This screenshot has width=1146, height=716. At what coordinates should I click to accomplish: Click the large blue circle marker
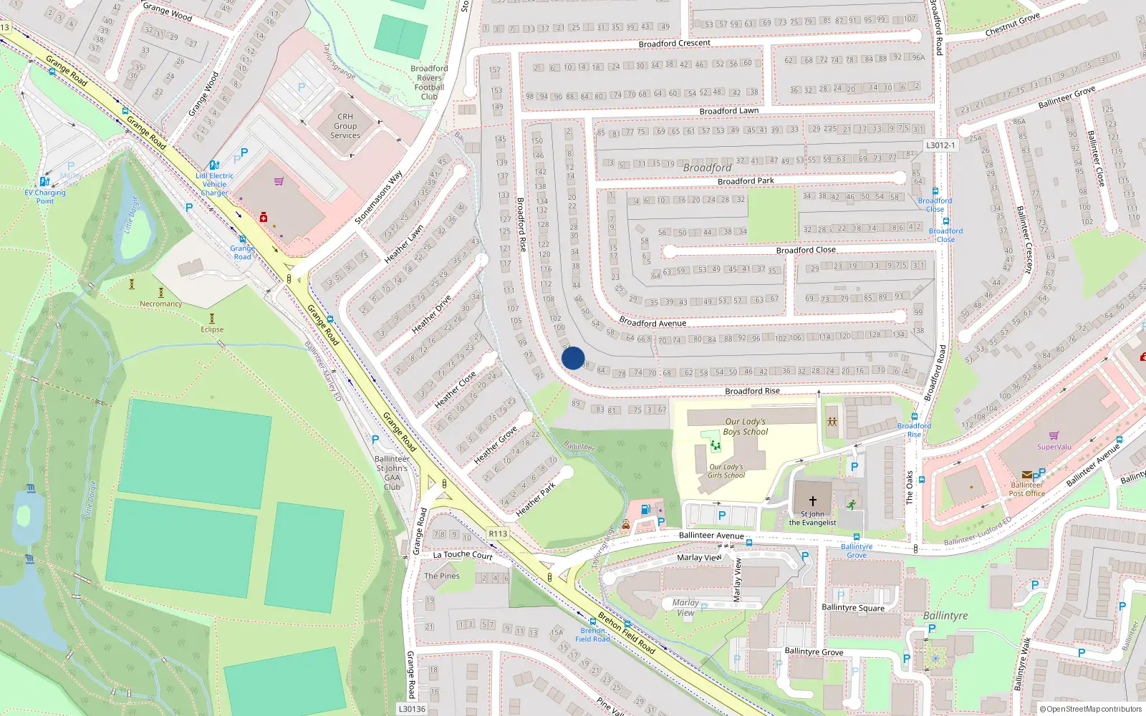pos(573,358)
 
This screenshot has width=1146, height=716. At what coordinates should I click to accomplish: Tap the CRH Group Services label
pos(345,126)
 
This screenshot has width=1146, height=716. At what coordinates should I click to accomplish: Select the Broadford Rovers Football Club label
pos(429,82)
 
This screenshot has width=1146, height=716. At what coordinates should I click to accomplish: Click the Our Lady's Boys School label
pos(745,427)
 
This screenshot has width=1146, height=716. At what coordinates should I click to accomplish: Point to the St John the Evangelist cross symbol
pos(812,500)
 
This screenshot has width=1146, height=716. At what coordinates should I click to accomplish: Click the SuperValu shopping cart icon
pos(1054,435)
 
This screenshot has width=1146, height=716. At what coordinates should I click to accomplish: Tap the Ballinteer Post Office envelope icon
pos(1027,475)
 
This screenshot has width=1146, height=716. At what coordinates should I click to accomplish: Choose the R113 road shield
pos(498,533)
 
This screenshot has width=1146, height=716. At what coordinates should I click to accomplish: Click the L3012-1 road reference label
pos(940,145)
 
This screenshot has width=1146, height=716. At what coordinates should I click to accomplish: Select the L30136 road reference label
pos(412,709)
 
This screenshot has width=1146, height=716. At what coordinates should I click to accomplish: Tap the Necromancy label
pos(160,304)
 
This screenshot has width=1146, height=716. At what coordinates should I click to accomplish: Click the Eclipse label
pos(212,329)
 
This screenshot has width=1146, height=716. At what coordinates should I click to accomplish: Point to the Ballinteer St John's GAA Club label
pos(392,473)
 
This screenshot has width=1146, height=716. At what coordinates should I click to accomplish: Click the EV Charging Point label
pos(44,196)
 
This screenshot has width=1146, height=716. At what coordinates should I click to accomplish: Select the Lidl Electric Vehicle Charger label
pos(214,184)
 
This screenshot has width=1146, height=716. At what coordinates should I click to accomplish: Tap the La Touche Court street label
pos(463,554)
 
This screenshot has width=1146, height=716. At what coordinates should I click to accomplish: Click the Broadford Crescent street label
pos(674,44)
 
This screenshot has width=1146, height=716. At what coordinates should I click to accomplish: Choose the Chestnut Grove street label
pos(1012,25)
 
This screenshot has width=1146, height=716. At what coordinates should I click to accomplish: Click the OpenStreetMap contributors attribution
pos(1091,709)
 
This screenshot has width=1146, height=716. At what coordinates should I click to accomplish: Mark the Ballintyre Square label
pos(853,607)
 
